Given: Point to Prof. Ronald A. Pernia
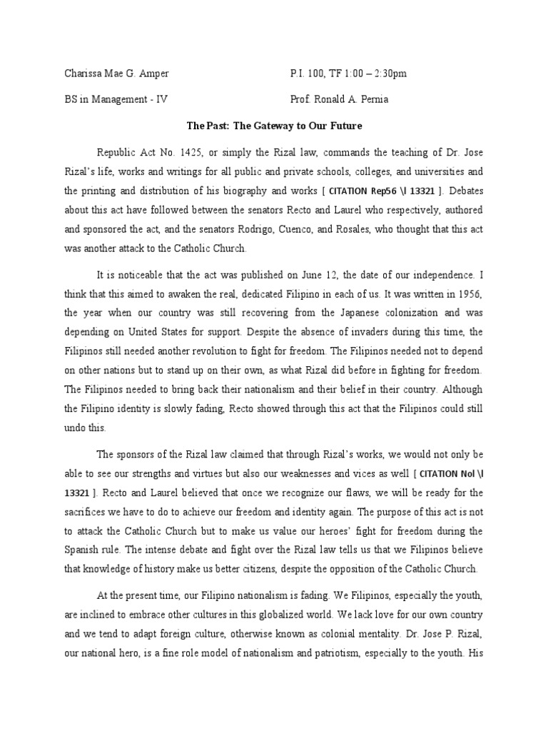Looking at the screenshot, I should (x=339, y=100).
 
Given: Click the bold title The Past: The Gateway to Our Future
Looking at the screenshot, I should (x=274, y=126).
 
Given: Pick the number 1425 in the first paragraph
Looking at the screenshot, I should (x=185, y=153).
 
